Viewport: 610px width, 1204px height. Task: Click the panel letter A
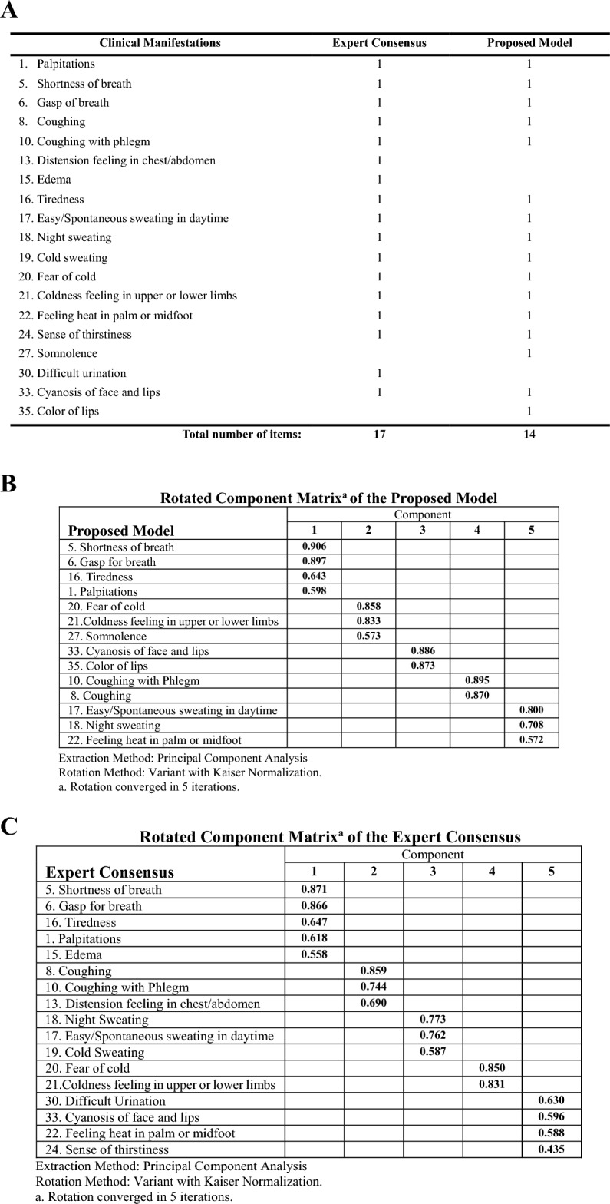[10, 12]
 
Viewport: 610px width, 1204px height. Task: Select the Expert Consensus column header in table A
[379, 43]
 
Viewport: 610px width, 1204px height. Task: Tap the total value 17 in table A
[379, 435]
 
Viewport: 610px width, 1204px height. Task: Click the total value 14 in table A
[529, 435]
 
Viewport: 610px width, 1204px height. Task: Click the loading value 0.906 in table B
[314, 547]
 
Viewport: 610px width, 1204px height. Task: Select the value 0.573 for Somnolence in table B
[368, 636]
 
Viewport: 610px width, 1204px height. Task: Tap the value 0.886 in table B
[423, 650]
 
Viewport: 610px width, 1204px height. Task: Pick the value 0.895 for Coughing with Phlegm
[477, 680]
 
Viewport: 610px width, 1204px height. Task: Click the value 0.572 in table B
[532, 739]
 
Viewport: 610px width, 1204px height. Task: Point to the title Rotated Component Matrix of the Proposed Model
[328, 498]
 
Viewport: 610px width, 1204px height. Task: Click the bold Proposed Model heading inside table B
[121, 531]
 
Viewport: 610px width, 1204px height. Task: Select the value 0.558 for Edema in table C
[314, 954]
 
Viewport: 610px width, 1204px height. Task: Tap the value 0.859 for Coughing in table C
[373, 971]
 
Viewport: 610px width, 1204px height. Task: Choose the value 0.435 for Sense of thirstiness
[551, 1149]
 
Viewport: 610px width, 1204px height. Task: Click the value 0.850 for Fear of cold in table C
[492, 1068]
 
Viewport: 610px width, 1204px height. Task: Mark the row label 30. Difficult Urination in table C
[105, 1100]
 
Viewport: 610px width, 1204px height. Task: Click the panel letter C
[10, 827]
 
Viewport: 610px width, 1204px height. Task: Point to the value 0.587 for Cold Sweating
[433, 1052]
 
